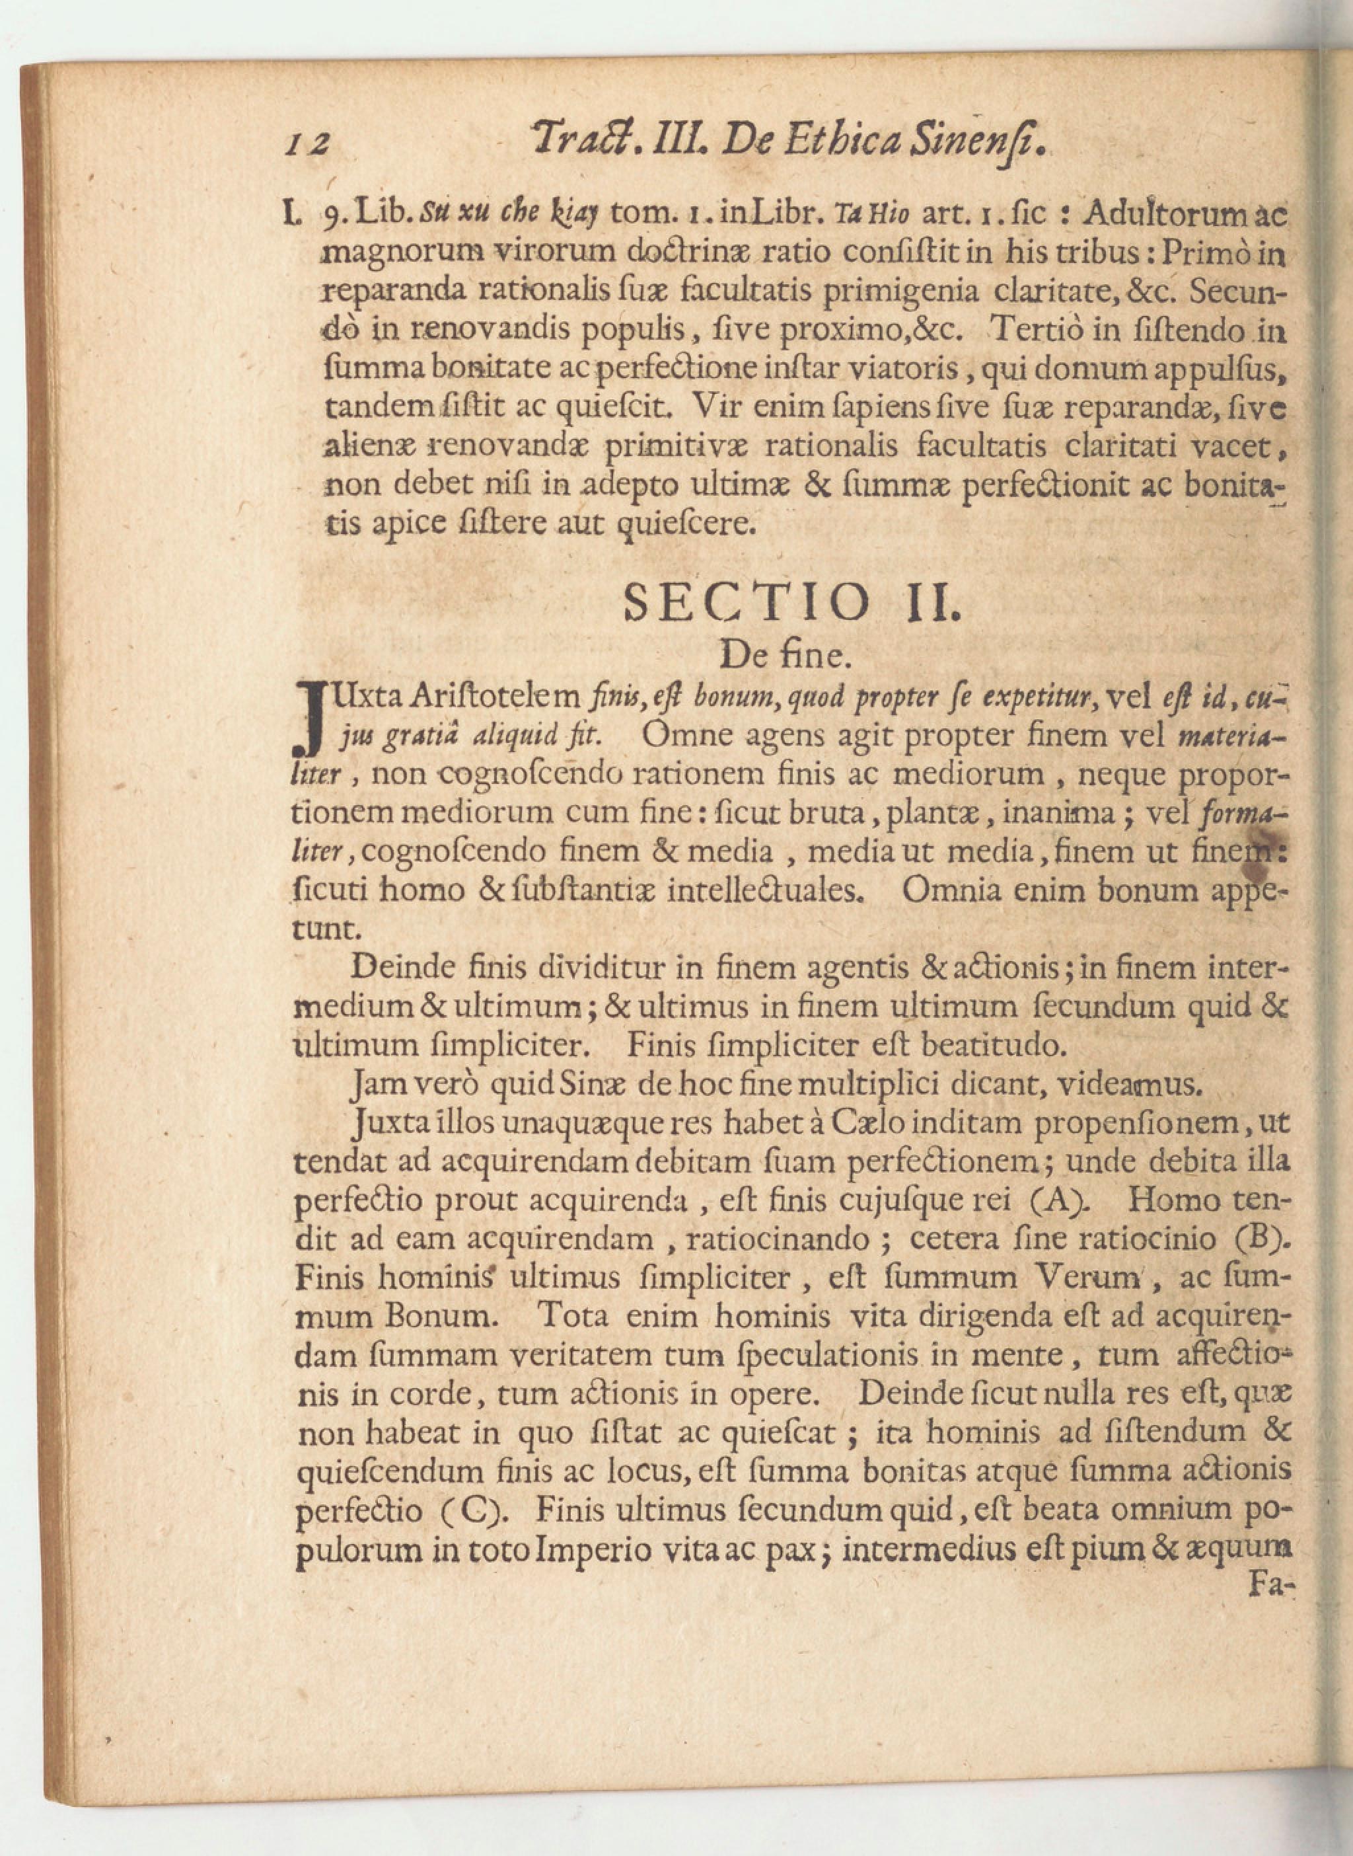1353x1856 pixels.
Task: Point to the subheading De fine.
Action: (780, 656)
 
